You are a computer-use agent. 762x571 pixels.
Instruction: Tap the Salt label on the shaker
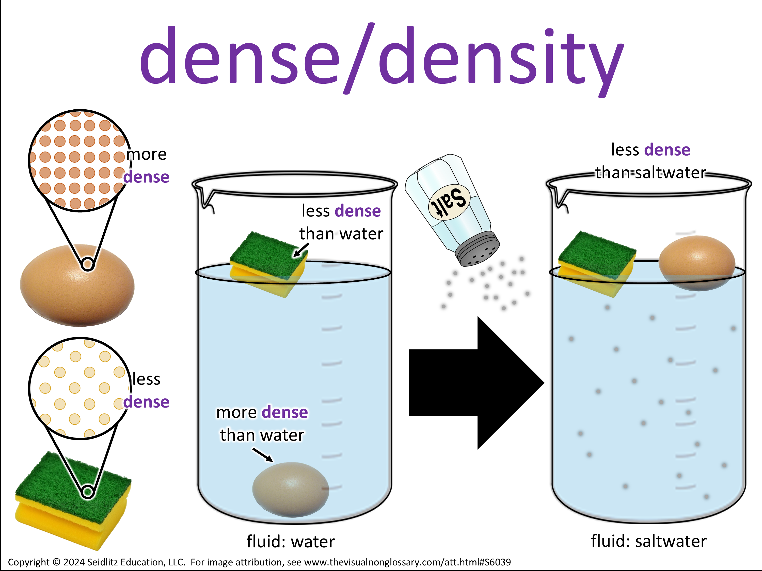449,202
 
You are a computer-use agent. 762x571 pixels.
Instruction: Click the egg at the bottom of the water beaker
290,489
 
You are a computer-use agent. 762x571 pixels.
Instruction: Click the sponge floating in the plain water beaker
268,263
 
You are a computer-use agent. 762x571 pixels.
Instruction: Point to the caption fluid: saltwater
649,541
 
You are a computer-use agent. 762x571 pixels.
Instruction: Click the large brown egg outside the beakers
77,286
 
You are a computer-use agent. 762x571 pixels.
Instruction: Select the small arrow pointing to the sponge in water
301,250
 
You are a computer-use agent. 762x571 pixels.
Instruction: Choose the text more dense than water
262,423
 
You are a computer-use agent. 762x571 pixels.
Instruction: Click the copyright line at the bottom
259,562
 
